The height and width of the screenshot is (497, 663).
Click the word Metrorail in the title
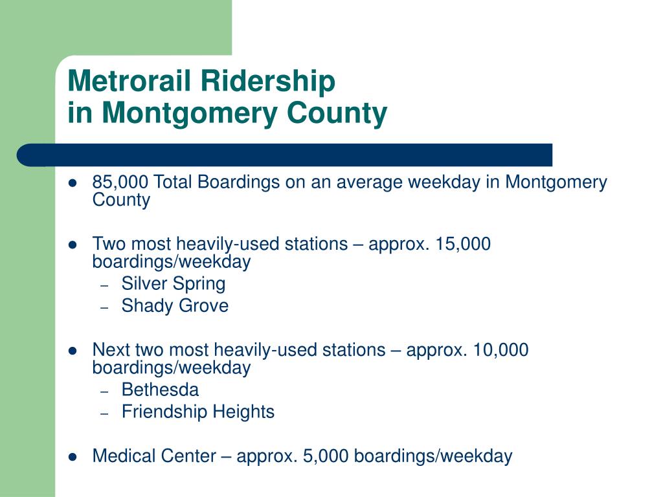(x=129, y=80)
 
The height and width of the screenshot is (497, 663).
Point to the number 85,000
(x=120, y=182)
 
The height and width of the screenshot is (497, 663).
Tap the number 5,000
(x=326, y=456)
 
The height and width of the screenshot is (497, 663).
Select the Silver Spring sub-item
(x=174, y=284)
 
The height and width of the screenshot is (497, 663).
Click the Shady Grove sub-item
(x=175, y=306)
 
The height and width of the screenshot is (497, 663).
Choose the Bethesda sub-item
(x=161, y=390)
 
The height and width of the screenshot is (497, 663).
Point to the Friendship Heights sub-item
(x=198, y=412)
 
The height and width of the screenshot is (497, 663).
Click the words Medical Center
(x=154, y=456)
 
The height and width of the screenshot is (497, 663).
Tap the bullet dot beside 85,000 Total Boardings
(x=73, y=183)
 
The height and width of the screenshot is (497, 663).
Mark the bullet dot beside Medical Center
(x=73, y=457)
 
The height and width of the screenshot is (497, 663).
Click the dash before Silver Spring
(x=105, y=286)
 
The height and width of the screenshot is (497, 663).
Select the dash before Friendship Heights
(x=105, y=414)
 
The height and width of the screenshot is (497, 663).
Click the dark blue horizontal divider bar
(x=285, y=155)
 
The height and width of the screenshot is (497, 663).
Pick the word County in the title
(x=337, y=114)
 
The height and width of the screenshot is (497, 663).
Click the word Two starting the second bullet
(x=109, y=244)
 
